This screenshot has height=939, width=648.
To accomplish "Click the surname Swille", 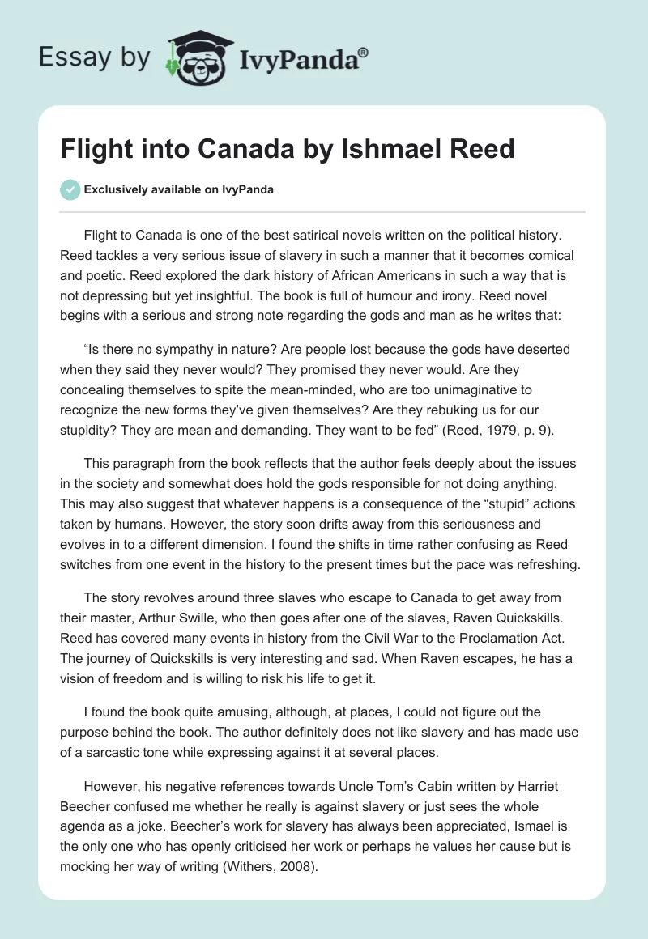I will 195,618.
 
